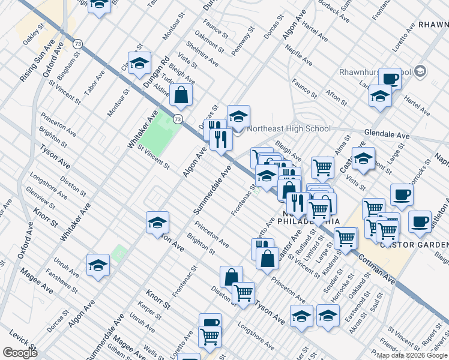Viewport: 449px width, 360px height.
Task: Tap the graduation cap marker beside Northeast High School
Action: [x=238, y=117]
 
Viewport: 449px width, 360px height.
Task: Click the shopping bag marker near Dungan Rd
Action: [x=181, y=95]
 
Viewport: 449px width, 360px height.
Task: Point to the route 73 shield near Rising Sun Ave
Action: [x=77, y=44]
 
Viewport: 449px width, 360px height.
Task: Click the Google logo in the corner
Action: [x=20, y=353]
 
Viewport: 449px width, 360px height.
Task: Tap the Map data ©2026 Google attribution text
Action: [x=412, y=355]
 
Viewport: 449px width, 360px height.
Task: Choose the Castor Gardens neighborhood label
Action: [x=414, y=244]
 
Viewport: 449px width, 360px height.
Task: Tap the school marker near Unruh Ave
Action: [x=98, y=266]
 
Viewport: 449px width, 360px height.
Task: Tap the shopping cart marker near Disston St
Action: [x=244, y=293]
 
